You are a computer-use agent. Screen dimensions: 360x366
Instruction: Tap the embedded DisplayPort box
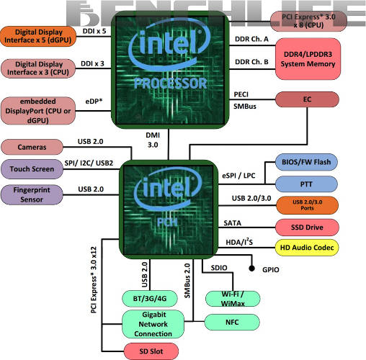(x=39, y=108)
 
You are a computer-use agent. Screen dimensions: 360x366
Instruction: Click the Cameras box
(x=31, y=147)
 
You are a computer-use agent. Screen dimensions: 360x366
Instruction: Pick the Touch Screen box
(x=31, y=169)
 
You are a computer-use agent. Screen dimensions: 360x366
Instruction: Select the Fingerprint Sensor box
(x=31, y=194)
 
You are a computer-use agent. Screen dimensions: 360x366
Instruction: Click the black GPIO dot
(x=253, y=268)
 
